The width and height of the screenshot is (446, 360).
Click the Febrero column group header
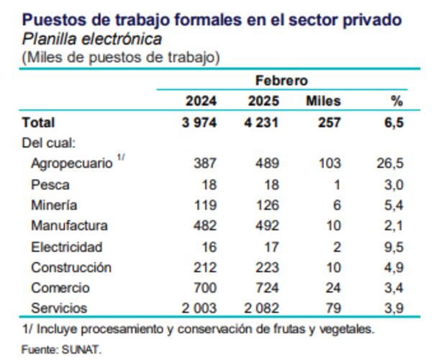tap(281, 80)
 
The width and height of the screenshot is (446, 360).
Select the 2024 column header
tap(201, 101)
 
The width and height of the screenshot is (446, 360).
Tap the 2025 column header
tap(263, 101)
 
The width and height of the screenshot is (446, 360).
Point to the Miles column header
tap(323, 101)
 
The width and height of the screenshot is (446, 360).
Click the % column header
tap(397, 101)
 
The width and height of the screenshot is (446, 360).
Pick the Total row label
tap(39, 122)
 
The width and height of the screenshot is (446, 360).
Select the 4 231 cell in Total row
tap(261, 122)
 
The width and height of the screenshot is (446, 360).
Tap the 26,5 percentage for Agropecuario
tap(390, 164)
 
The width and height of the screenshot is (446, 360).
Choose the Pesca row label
tap(50, 185)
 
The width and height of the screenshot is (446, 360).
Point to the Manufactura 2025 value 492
tap(266, 226)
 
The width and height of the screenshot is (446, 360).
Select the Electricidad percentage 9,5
tap(393, 246)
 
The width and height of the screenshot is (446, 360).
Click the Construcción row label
tap(71, 267)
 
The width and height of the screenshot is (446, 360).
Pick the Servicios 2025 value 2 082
tap(261, 308)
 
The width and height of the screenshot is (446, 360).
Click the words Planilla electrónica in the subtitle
tap(91, 39)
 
